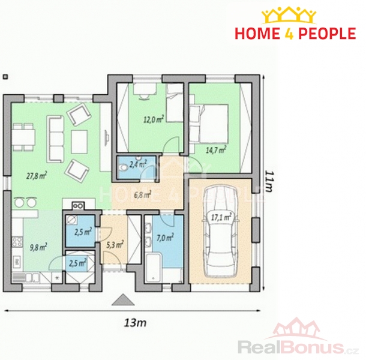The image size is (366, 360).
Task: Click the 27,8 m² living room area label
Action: click(x=37, y=175)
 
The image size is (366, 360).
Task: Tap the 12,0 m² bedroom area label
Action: click(x=154, y=119)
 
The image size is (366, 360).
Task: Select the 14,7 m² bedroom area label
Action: click(x=216, y=149)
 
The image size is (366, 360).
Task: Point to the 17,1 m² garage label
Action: click(x=221, y=217)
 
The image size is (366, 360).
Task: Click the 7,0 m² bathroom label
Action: click(x=165, y=238)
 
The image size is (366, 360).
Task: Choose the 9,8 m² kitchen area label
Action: click(x=38, y=247)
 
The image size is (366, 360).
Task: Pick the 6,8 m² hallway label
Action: click(x=143, y=194)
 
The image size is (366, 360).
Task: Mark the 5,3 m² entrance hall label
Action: click(x=115, y=244)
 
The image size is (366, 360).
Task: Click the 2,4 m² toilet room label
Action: click(x=138, y=164)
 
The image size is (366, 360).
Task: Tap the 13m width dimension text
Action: click(x=135, y=323)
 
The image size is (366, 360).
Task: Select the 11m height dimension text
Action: click(x=268, y=181)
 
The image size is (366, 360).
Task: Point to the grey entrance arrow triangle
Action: click(x=123, y=300)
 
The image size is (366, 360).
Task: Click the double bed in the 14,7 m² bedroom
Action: click(x=208, y=124)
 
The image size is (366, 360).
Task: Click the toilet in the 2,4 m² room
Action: click(x=122, y=168)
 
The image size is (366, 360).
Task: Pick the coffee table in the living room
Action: click(x=79, y=142)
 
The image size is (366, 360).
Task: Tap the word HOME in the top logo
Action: click(x=257, y=34)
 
